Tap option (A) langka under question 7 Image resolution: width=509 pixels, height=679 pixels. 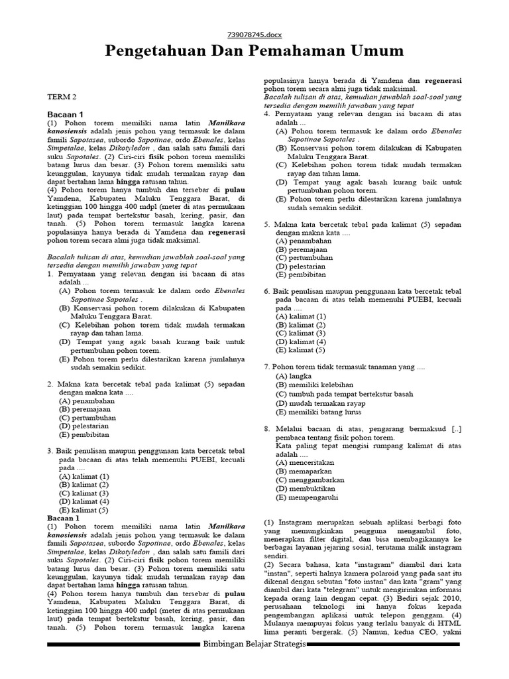(294, 376)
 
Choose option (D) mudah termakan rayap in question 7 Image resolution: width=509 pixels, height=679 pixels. (320, 402)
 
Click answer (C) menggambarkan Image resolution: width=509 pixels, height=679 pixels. (310, 479)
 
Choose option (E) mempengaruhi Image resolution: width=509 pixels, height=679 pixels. (308, 497)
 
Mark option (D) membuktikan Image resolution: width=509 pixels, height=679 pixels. (305, 489)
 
